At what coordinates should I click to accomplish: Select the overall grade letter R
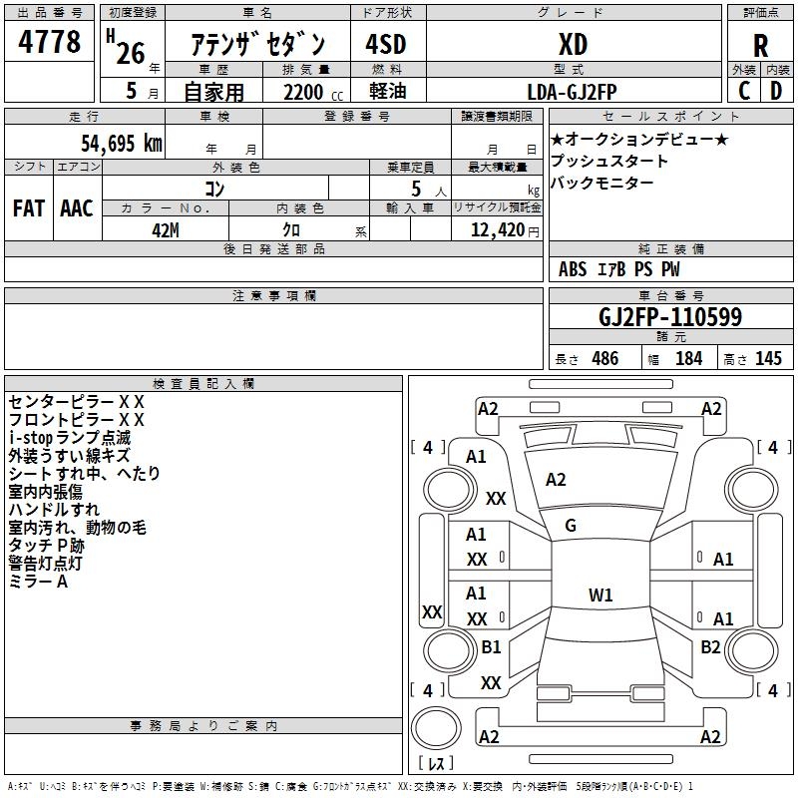761,46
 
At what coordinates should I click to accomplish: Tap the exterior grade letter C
743,90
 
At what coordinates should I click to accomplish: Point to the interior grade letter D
776,90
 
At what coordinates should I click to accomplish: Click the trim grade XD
573,45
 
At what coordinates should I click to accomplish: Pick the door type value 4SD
386,45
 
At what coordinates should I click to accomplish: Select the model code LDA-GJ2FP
573,91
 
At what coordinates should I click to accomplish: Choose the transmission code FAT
29,208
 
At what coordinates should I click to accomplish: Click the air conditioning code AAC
77,208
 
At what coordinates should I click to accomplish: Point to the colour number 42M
166,228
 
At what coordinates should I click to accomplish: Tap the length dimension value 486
604,359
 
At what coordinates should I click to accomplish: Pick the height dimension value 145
768,359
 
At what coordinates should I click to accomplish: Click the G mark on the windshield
571,526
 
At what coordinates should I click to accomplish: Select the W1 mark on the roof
600,596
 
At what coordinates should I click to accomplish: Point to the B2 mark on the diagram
710,647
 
